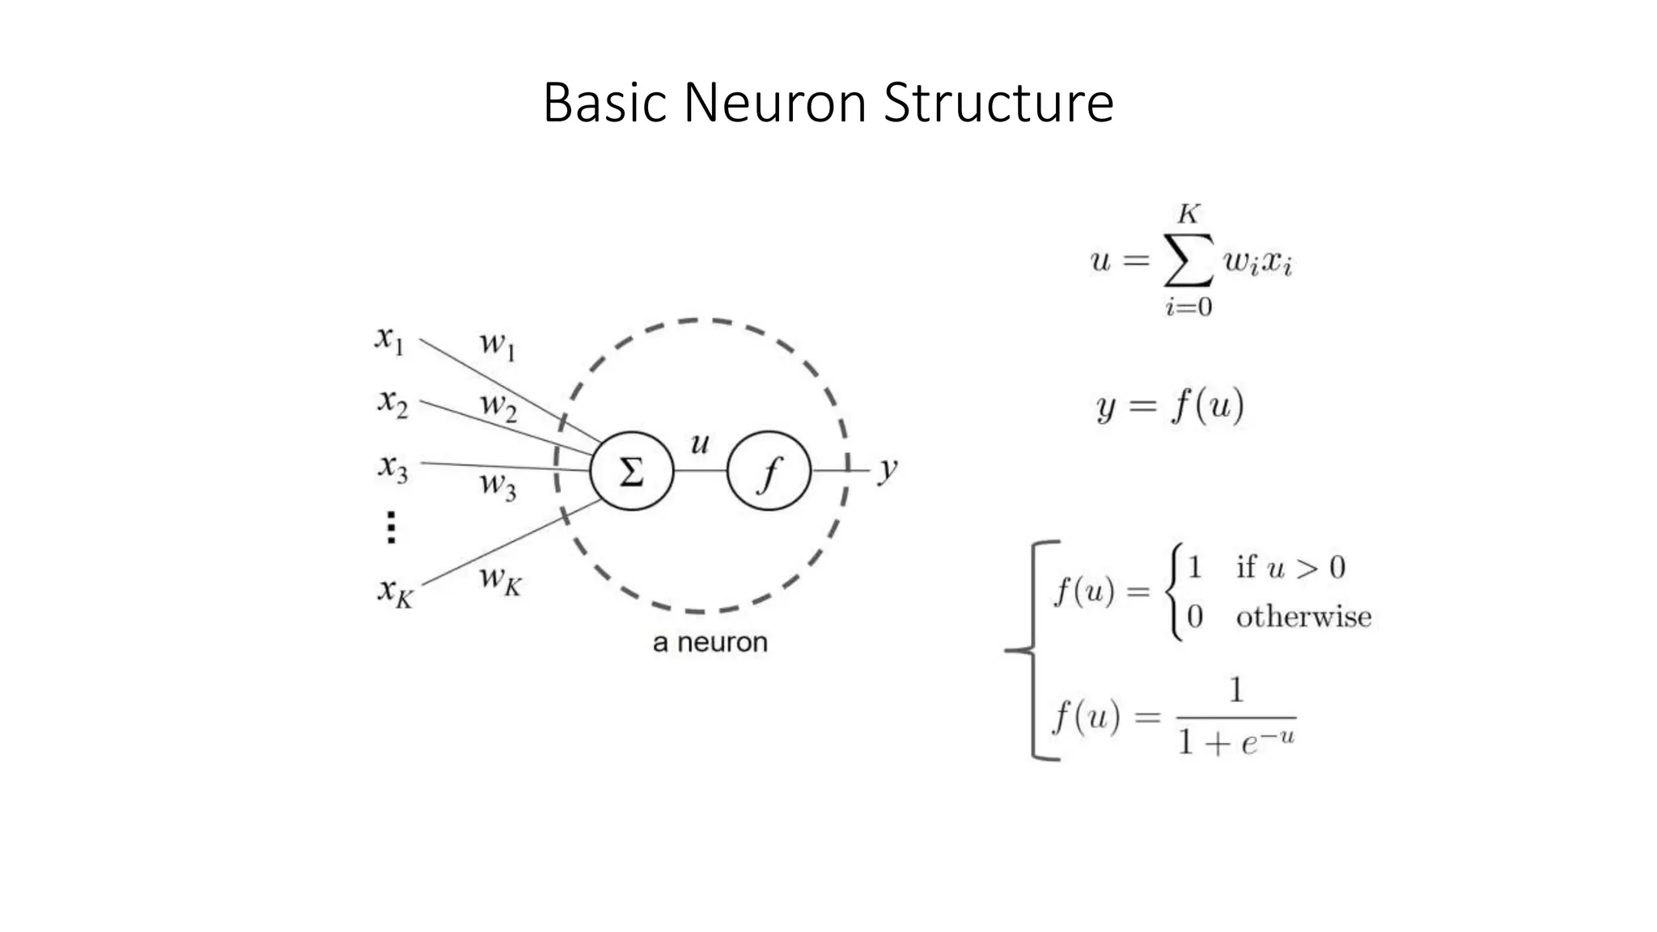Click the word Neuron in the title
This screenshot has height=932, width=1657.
(775, 103)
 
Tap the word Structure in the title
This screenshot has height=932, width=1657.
(998, 103)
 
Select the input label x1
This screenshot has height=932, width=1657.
(389, 339)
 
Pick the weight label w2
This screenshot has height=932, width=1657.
(498, 405)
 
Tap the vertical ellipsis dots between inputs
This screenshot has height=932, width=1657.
(391, 527)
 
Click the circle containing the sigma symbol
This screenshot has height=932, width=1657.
(631, 470)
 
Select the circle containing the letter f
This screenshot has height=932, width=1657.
(769, 470)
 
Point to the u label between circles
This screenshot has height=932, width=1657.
(699, 443)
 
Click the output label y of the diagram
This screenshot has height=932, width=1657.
(888, 468)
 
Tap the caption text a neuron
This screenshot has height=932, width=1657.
(710, 642)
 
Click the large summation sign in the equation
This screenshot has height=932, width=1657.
(1188, 261)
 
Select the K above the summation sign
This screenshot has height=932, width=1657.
(1188, 214)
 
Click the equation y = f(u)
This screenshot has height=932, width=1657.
(1169, 405)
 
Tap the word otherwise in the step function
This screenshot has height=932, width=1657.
(1303, 617)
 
